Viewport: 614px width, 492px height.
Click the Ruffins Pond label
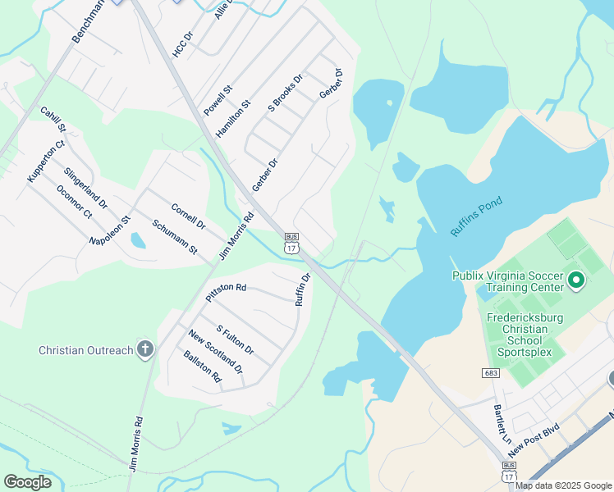(x=476, y=216)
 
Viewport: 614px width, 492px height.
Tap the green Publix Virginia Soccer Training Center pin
(x=575, y=282)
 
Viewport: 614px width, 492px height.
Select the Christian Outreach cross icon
(x=145, y=350)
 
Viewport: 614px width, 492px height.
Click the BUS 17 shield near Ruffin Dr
(x=291, y=243)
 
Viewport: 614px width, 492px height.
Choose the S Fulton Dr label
(x=235, y=339)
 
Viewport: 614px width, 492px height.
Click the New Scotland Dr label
(x=215, y=352)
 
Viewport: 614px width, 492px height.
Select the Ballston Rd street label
(x=203, y=367)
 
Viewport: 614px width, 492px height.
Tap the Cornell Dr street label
(x=188, y=215)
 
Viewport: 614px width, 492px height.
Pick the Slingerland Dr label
(x=85, y=188)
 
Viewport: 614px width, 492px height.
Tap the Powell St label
(x=218, y=99)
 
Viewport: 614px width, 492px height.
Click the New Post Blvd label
(x=534, y=441)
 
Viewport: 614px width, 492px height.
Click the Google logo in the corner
(x=27, y=482)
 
